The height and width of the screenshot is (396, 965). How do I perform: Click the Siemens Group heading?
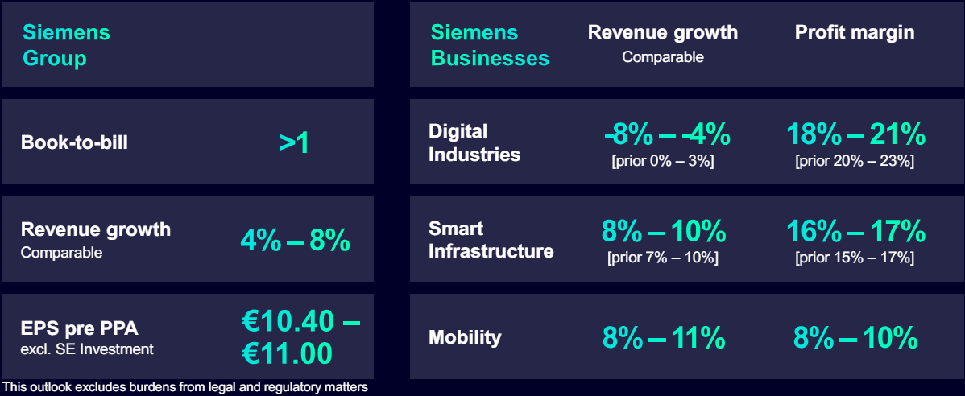[x=66, y=46]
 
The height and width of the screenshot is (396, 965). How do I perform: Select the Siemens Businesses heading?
[x=490, y=46]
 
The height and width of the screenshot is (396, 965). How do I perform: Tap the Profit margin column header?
[x=855, y=32]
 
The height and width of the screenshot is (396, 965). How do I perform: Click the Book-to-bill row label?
[x=74, y=142]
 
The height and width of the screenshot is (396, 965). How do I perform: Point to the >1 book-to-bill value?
[x=295, y=142]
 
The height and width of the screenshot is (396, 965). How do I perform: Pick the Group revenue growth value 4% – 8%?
[x=295, y=239]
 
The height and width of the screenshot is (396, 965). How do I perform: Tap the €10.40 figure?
[x=288, y=321]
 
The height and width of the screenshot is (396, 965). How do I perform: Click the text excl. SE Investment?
[x=87, y=349]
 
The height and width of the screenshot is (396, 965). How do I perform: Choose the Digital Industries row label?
[x=474, y=142]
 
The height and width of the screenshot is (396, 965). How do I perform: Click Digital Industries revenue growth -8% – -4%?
[x=667, y=134]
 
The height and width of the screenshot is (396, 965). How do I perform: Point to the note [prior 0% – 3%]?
[x=663, y=161]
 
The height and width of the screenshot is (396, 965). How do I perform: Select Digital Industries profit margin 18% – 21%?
[x=855, y=134]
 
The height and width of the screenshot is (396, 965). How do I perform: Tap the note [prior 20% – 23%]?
[x=855, y=161]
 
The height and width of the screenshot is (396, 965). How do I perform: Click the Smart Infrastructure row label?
[x=491, y=240]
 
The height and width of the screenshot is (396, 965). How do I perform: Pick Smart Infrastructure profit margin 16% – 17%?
[x=855, y=232]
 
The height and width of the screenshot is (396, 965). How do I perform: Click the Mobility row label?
[x=465, y=337]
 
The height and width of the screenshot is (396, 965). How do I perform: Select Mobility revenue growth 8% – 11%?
[x=664, y=337]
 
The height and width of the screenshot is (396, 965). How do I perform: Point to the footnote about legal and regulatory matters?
[x=185, y=387]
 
